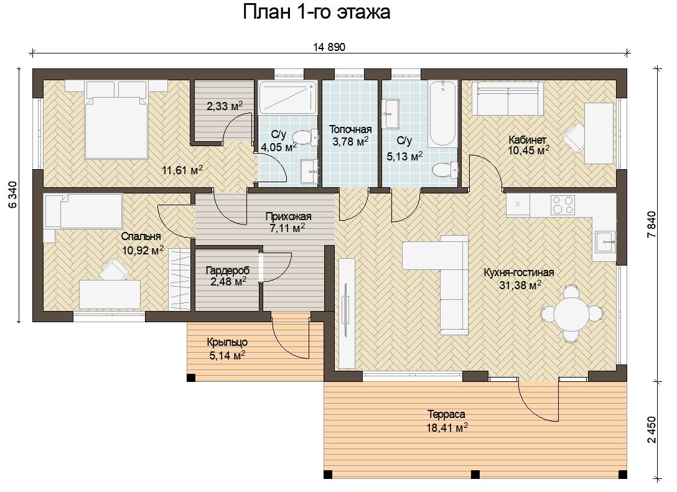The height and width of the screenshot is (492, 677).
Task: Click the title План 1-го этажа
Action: [x=317, y=12]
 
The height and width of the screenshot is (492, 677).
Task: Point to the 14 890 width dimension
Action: [x=329, y=47]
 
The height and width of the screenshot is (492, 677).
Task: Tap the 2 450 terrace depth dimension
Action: [x=651, y=429]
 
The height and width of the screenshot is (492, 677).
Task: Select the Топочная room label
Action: [x=350, y=129]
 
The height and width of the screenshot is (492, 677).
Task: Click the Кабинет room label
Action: [x=527, y=139]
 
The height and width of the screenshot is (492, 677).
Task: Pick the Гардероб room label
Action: [x=228, y=271]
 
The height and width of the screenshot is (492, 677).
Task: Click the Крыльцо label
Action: [x=227, y=342]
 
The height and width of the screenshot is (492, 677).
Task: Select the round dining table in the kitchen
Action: [x=571, y=313]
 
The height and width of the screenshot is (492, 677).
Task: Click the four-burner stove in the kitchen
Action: [x=563, y=205]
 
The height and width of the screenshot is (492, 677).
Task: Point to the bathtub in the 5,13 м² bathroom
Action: [x=442, y=114]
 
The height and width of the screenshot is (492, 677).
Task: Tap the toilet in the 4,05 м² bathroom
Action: [x=306, y=137]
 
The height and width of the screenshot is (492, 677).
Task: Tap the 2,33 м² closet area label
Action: [x=225, y=105]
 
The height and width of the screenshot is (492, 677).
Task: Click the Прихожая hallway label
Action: [x=289, y=216]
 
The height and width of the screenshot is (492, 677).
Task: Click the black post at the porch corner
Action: [x=191, y=378]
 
